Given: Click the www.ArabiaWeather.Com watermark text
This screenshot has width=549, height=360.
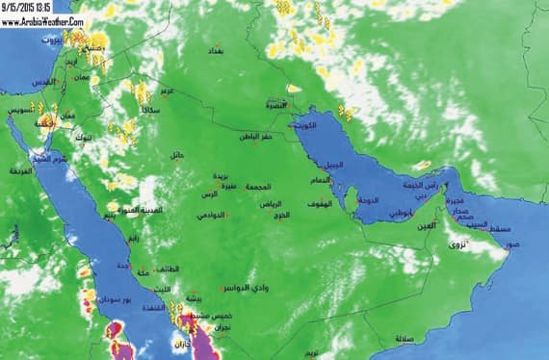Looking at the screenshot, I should click(x=43, y=19).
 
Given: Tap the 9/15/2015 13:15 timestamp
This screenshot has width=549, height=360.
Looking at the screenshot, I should click(x=29, y=6).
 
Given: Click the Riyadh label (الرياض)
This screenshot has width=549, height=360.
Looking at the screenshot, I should click(x=272, y=204).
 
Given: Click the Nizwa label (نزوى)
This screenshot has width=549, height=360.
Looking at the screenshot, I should click(x=457, y=245).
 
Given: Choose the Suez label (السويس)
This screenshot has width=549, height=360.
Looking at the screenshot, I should click(x=22, y=113).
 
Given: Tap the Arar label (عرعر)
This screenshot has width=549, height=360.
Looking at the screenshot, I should click(x=167, y=91).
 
